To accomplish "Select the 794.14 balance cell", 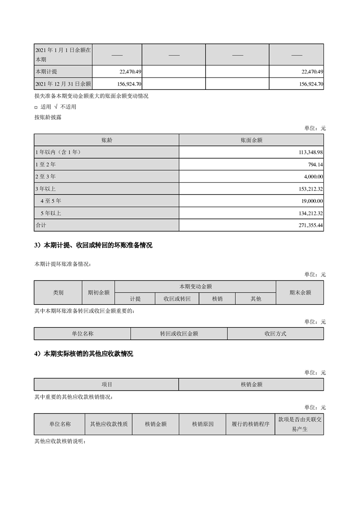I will coord(315,164).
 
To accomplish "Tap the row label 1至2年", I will coord(45,164).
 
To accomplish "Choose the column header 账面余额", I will coord(251,140).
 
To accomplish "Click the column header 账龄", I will coord(107,140).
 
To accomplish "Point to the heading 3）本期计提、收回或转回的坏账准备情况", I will coord(93,245).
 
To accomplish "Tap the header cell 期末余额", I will coord(300,293).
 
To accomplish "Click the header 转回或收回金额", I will coord(179,333).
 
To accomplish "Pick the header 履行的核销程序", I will coord(251,424).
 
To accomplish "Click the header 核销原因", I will coord(203,424).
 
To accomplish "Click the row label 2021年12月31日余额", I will coord(63,84).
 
